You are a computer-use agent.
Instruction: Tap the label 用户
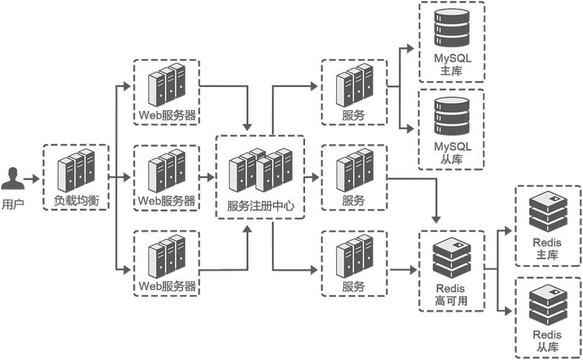pyautogui.click(x=13, y=204)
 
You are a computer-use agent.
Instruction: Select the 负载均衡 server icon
pyautogui.click(x=76, y=168)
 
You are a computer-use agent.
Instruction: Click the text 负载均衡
pyautogui.click(x=76, y=199)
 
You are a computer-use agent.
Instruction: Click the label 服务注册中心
pyautogui.click(x=261, y=206)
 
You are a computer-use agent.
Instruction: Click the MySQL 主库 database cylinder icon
pyautogui.click(x=451, y=28)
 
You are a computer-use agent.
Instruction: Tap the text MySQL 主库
pyautogui.click(x=451, y=65)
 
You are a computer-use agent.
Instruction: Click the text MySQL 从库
pyautogui.click(x=451, y=153)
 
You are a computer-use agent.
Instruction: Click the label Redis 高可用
pyautogui.click(x=451, y=295)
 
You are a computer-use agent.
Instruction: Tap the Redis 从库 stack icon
pyautogui.click(x=548, y=303)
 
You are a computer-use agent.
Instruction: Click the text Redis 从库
pyautogui.click(x=548, y=341)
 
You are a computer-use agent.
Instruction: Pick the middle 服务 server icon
pyautogui.click(x=354, y=169)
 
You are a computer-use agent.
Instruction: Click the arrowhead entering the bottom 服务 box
pyautogui.click(x=315, y=271)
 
